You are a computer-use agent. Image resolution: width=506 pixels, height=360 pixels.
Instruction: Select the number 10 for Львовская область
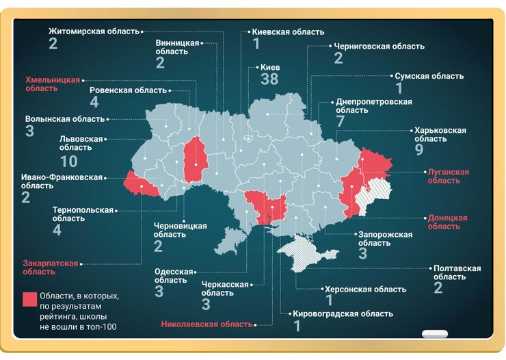(x=68, y=162)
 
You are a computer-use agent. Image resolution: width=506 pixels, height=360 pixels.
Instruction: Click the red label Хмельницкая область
(x=53, y=83)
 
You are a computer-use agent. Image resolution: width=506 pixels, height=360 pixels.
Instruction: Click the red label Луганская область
(x=449, y=176)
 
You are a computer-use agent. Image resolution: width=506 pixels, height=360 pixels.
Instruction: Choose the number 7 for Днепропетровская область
(x=340, y=121)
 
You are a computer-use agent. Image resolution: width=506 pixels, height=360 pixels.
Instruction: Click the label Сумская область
(x=429, y=76)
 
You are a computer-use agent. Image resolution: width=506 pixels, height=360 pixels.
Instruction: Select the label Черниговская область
(x=379, y=47)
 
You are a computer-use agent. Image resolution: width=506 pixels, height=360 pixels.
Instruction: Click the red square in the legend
(x=29, y=299)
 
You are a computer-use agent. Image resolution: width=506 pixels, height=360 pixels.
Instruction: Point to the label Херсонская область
(x=365, y=290)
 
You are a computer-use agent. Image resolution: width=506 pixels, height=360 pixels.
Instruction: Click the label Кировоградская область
(x=343, y=313)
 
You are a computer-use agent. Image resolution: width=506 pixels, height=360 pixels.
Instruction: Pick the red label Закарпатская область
(x=51, y=267)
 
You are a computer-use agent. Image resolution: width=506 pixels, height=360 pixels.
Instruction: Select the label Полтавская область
(x=457, y=272)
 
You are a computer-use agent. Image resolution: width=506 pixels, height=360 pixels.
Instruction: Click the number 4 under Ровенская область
(x=94, y=103)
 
